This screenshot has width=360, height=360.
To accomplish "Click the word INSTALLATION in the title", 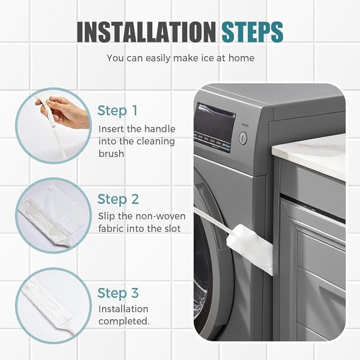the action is point(146,32).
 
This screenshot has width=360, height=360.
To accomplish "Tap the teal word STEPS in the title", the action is point(252,32).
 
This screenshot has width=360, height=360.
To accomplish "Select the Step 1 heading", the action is point(118,111).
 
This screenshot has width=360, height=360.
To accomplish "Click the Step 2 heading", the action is point(118,199).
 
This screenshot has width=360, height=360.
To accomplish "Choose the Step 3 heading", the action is point(118,293).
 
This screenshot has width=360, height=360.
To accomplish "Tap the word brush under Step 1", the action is point(111,153).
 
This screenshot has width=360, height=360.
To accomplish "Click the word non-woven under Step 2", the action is point(161,216).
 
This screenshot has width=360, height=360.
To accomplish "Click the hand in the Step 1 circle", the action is point(65,111).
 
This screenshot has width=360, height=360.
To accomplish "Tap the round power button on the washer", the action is point(243,138).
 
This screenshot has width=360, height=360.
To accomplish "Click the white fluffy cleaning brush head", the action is point(250,249).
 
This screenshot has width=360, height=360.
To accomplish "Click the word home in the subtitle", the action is point(241,58).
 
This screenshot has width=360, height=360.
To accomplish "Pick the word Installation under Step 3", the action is point(124,309).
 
